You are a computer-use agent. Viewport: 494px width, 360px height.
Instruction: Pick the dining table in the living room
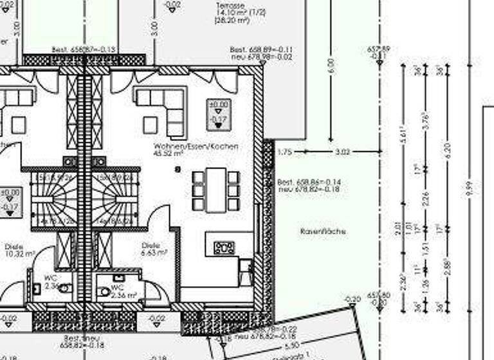point(216,189)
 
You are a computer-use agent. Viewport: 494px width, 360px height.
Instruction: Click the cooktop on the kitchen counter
point(224,246)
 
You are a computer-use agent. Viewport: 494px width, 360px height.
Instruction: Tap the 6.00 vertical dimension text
point(331,64)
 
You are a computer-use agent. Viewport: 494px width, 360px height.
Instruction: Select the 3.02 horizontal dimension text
point(343,152)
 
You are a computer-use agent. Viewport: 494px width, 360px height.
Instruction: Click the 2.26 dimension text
point(425,200)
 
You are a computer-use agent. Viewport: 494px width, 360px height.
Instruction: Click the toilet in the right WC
point(105,291)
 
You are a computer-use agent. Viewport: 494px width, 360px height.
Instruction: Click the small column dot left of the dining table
point(178,169)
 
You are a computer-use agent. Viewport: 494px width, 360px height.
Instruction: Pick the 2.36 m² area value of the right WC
point(123,295)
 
